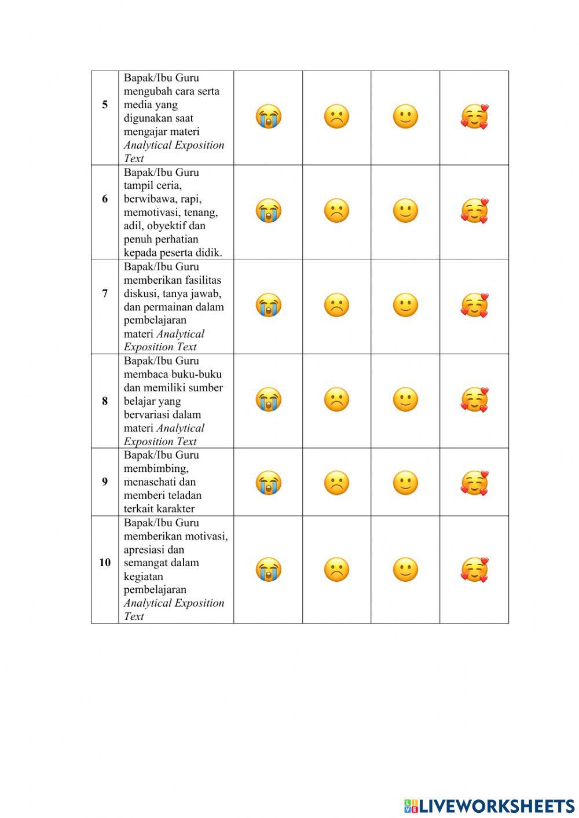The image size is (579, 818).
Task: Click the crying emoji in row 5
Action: click(268, 116)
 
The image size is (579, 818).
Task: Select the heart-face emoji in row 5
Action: click(474, 116)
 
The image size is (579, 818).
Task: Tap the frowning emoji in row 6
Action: click(336, 211)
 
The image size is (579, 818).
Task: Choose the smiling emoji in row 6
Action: click(405, 211)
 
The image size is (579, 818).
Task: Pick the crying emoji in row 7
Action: click(268, 305)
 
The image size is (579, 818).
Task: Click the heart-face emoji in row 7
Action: click(474, 305)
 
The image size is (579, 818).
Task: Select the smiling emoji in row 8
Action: click(405, 399)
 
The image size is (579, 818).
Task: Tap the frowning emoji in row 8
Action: click(336, 399)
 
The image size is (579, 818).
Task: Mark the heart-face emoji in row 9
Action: click(474, 483)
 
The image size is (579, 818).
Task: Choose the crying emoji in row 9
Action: click(268, 483)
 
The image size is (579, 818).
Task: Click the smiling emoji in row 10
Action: click(405, 570)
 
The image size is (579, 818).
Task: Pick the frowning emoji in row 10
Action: click(336, 570)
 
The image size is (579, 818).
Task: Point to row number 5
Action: click(105, 105)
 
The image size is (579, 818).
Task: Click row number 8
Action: click(105, 401)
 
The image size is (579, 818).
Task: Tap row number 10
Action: click(105, 562)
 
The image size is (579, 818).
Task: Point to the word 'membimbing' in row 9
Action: click(156, 468)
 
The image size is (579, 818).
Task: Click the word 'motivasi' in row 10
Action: click(205, 536)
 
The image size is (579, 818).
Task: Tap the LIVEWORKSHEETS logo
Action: click(489, 805)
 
